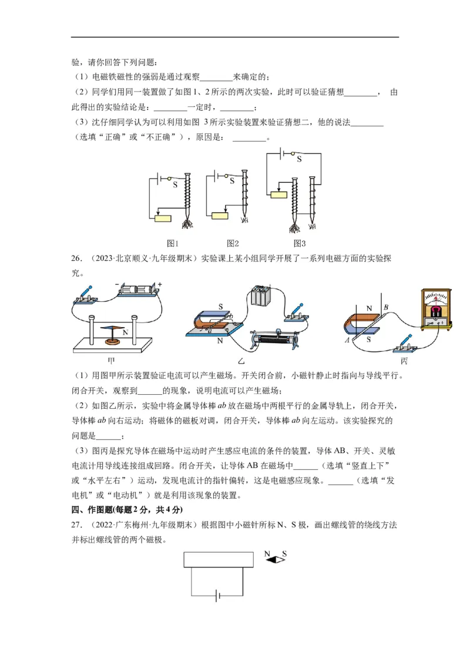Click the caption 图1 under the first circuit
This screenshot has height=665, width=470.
pyautogui.click(x=173, y=243)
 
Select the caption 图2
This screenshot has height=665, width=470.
pyautogui.click(x=233, y=243)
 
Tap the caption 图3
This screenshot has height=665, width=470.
pyautogui.click(x=300, y=243)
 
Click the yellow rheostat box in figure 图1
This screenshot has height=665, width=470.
pyautogui.click(x=163, y=219)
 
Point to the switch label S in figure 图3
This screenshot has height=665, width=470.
pyautogui.click(x=298, y=159)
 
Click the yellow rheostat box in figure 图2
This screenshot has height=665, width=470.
pyautogui.click(x=220, y=215)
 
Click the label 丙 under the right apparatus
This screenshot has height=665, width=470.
pyautogui.click(x=404, y=361)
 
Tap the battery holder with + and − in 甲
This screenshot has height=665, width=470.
pyautogui.click(x=137, y=290)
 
